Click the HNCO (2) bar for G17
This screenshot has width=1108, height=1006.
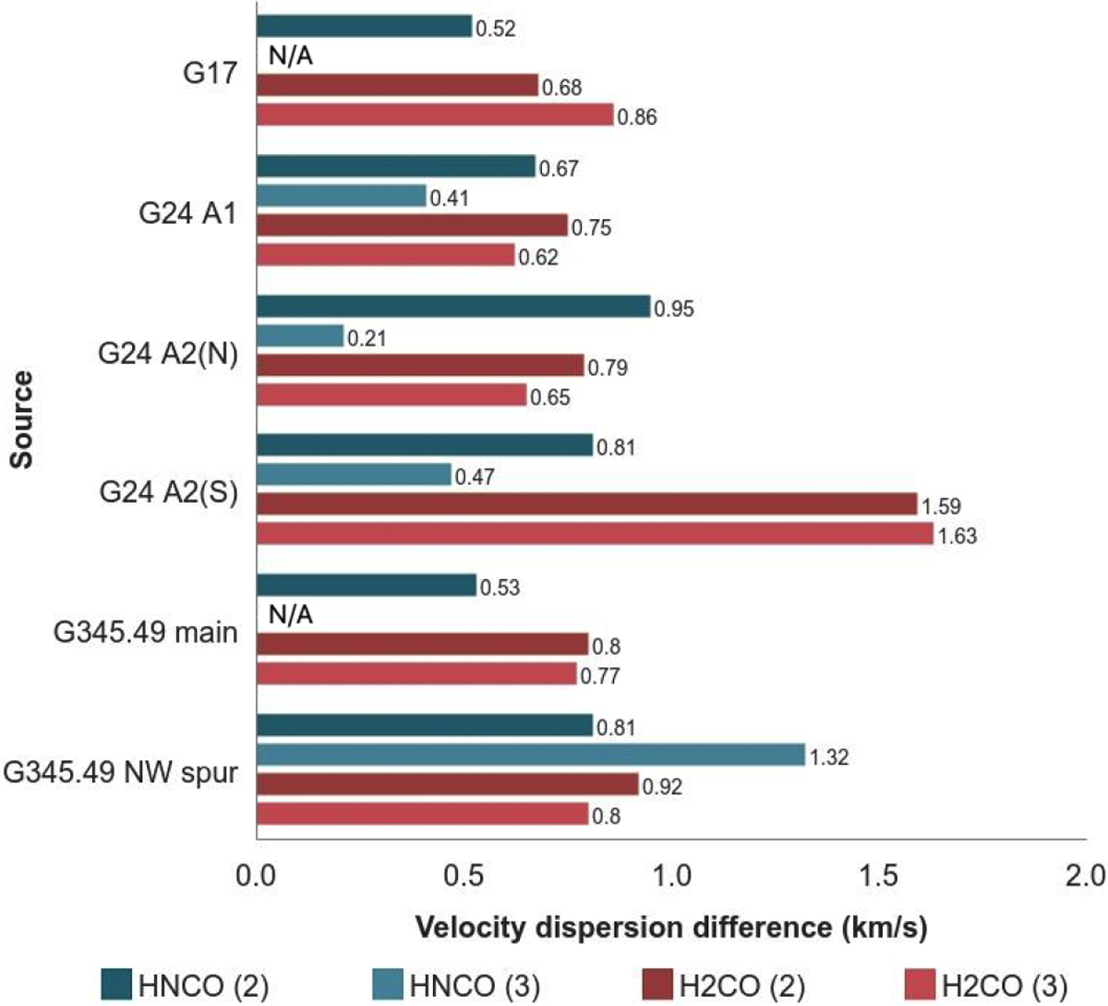364,26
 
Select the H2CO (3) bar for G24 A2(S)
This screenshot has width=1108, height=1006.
595,534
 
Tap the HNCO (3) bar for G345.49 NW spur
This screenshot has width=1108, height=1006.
530,755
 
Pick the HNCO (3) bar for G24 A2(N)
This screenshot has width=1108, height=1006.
299,336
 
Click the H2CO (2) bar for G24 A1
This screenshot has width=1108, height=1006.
412,225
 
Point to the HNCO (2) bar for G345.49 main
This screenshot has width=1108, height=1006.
366,586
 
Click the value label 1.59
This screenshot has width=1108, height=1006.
941,506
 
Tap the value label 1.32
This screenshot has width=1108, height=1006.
828,758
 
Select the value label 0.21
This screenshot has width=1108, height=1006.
367,339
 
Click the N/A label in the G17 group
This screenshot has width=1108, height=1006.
291,56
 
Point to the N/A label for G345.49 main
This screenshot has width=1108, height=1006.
291,615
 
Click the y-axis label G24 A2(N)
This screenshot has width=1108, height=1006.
168,354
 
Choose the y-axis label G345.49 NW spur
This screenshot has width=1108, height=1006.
121,772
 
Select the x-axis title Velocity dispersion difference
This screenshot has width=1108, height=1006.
670,927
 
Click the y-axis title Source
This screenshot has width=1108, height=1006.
22,419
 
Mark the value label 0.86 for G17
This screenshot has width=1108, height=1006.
637,118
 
